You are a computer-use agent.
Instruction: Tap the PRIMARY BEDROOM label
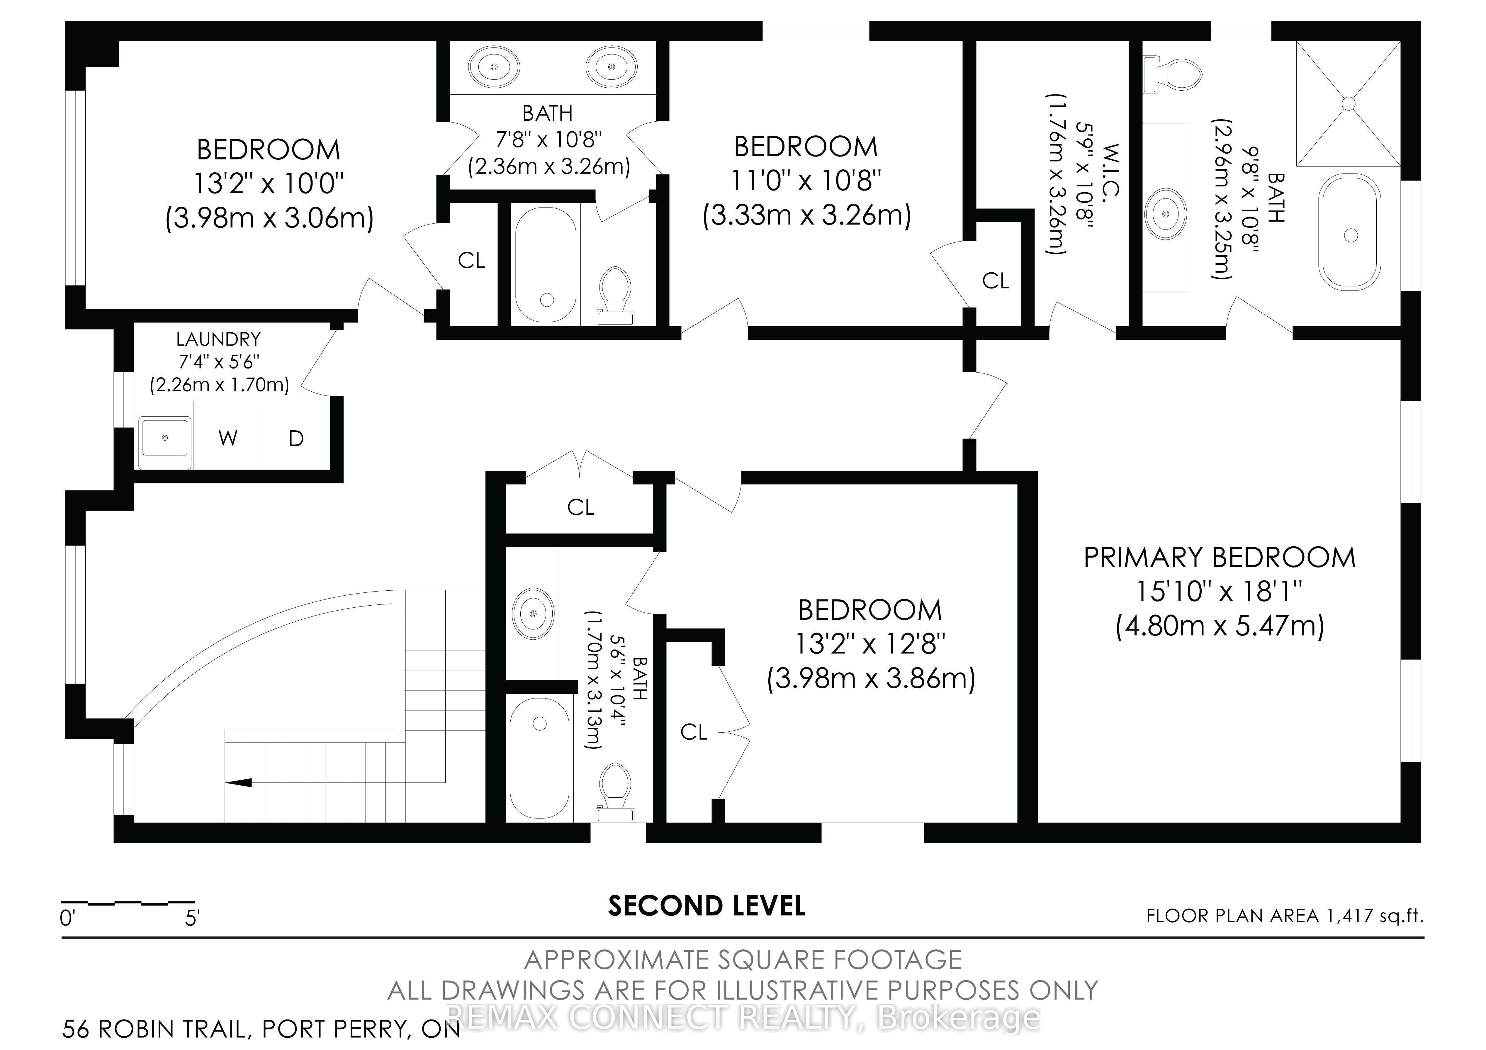click(1219, 557)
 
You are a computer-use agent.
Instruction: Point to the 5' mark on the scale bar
click(192, 919)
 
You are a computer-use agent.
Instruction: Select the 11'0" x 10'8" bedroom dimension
click(806, 181)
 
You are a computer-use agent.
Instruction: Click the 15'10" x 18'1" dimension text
click(1219, 591)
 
